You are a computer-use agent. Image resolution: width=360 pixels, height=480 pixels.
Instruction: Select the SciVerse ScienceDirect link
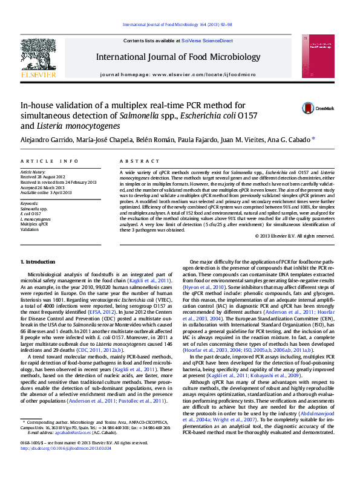(211, 41)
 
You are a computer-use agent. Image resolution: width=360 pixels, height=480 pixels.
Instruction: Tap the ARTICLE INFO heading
(50, 161)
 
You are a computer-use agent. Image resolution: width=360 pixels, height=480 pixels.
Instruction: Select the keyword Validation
(29, 230)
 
